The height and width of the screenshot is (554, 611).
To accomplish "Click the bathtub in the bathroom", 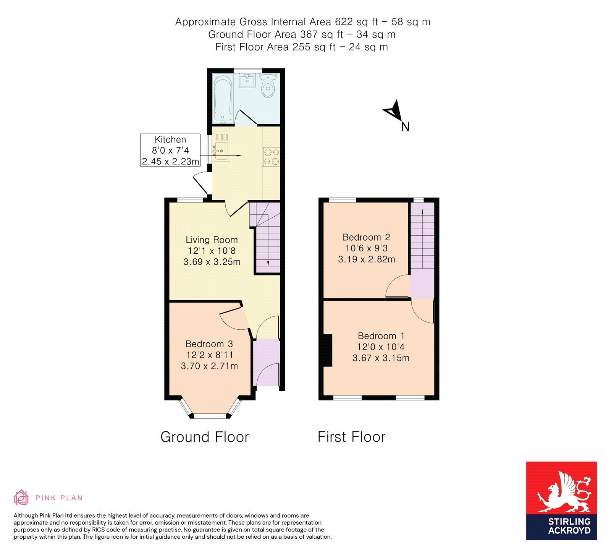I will click(223, 98).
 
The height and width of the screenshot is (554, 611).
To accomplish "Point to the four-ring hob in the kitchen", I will click(271, 157).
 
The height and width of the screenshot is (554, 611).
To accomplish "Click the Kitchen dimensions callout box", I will click(170, 150).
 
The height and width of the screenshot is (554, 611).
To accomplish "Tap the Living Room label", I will click(212, 240).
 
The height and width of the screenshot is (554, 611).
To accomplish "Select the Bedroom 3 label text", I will click(209, 344).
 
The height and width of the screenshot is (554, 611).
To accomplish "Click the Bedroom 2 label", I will click(366, 237).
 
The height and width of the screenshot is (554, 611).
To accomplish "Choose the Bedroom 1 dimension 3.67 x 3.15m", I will click(381, 358).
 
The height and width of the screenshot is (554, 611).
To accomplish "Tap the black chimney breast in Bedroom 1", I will click(328, 350).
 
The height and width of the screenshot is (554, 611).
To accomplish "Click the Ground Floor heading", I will click(204, 437).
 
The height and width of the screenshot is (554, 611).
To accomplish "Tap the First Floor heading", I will click(351, 437).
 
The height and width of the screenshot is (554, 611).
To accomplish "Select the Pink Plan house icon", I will click(21, 497).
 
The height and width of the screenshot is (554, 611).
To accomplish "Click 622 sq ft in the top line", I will click(352, 22).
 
